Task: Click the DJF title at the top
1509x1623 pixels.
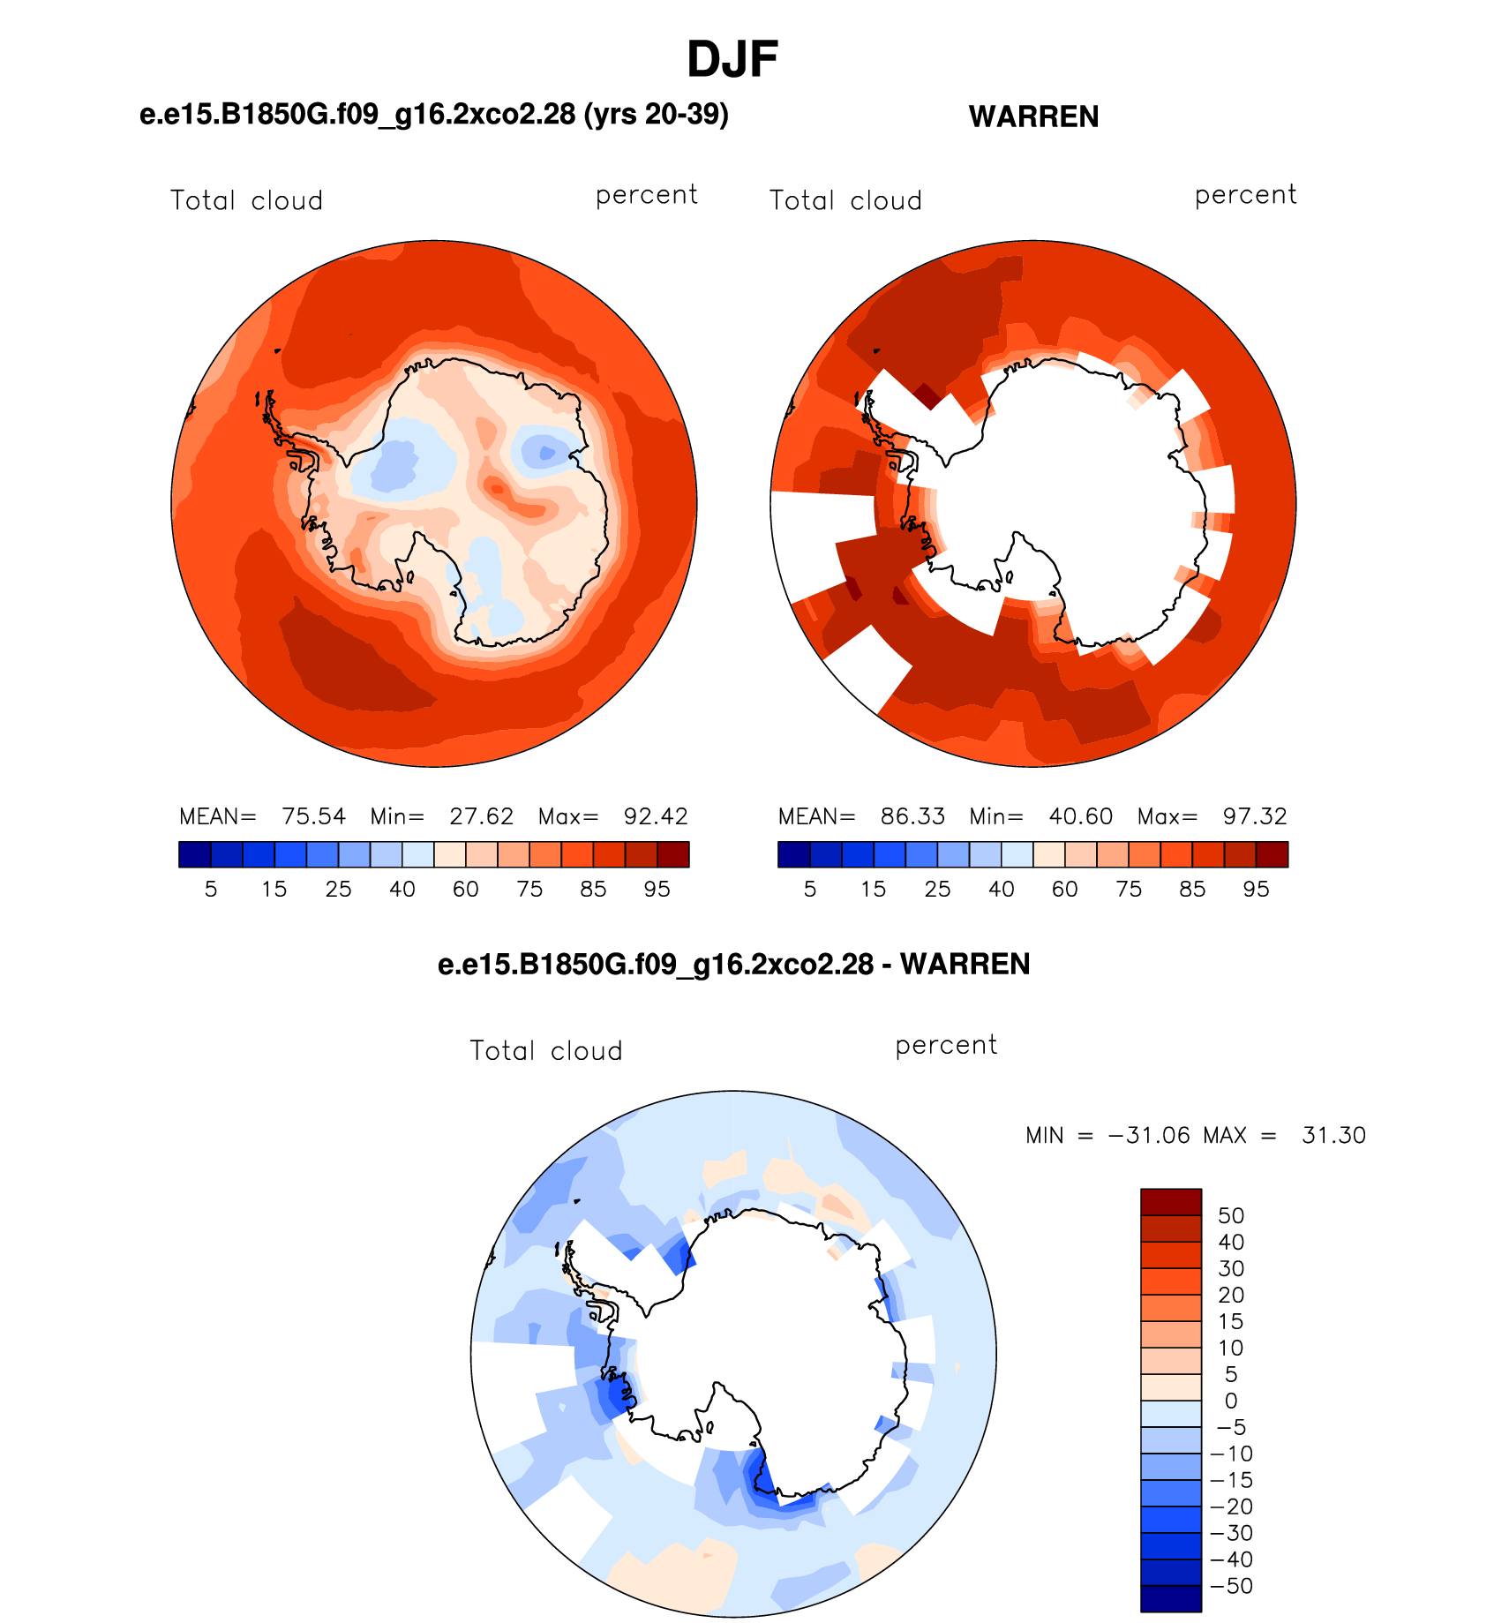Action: click(732, 60)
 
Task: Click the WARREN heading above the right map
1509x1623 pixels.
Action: click(1033, 116)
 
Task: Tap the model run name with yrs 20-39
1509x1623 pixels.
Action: click(434, 115)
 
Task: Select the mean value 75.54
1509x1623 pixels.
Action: click(313, 816)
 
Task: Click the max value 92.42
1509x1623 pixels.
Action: click(656, 816)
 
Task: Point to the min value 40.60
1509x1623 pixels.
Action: click(1080, 816)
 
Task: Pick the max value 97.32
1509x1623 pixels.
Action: click(1255, 816)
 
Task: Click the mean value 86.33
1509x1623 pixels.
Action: click(912, 816)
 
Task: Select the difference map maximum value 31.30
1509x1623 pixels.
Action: click(1333, 1135)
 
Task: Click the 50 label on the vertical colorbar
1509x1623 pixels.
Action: click(1231, 1215)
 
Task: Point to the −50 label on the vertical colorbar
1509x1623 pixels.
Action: click(1231, 1586)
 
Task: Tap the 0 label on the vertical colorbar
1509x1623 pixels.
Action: click(1231, 1401)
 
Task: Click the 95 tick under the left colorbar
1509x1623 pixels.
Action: click(657, 889)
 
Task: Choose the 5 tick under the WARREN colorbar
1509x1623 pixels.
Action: click(810, 889)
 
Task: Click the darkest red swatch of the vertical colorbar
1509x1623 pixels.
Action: click(1171, 1202)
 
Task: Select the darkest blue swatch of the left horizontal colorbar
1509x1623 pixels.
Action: click(195, 854)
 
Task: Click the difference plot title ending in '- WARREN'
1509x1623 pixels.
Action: click(734, 964)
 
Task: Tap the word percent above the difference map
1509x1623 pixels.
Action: click(946, 1046)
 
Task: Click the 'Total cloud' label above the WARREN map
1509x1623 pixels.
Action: click(845, 200)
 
